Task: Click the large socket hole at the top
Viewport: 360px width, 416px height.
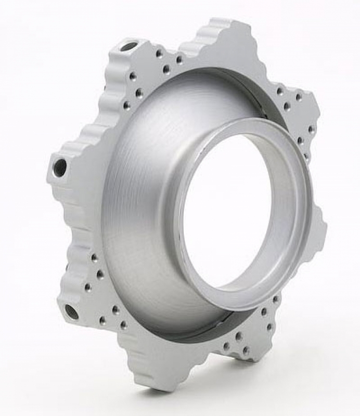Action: coord(128,47)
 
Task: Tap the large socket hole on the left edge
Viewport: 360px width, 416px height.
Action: coord(60,167)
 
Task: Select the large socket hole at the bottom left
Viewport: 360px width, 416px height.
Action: coord(71,311)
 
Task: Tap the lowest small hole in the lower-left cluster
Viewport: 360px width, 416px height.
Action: coord(124,325)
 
